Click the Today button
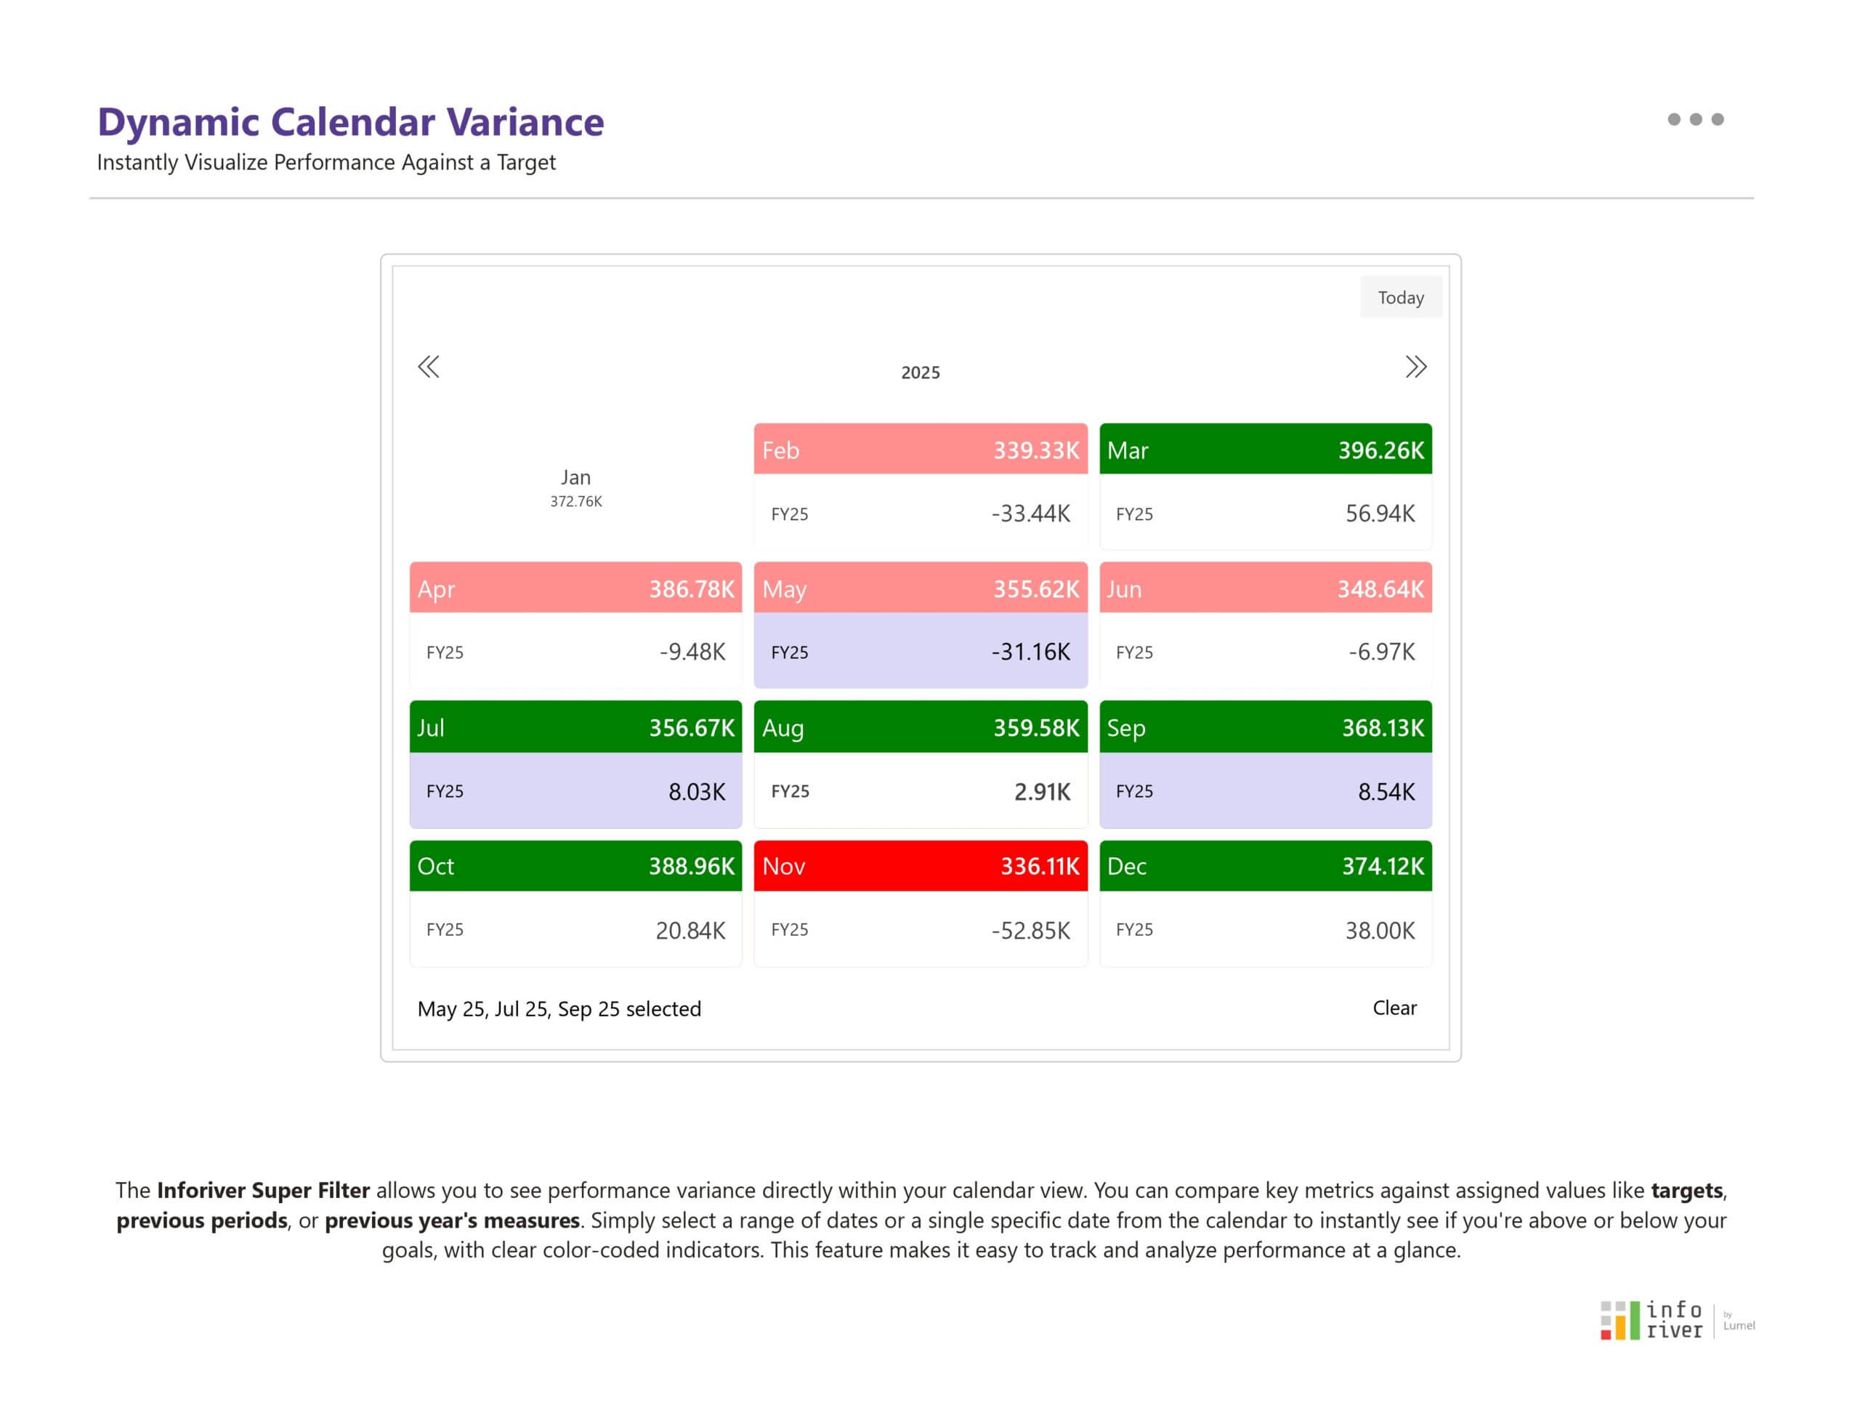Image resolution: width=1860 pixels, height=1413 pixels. (1400, 298)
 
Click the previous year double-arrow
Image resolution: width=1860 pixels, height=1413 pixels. (428, 367)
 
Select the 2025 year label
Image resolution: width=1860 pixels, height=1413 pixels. (921, 373)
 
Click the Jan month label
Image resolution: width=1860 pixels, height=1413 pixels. (575, 477)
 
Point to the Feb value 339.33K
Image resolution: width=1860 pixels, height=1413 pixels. (1035, 450)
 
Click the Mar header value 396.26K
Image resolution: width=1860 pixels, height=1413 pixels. (1380, 450)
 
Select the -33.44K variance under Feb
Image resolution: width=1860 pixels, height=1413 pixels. (1030, 513)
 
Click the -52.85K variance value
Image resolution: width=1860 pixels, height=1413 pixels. (1030, 930)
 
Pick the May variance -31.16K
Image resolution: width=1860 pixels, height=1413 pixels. (1030, 652)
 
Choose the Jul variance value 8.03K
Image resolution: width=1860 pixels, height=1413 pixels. (697, 791)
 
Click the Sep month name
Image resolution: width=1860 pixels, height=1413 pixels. (1125, 727)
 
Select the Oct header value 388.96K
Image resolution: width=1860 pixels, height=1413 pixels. (691, 865)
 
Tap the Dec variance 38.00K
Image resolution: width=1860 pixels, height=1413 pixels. (1380, 930)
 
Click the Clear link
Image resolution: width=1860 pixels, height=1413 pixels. (1394, 1008)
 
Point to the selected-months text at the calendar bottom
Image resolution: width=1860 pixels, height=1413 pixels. (559, 1008)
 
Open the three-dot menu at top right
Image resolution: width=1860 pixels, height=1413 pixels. (1695, 119)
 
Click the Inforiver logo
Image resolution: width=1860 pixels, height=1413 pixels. (1651, 1319)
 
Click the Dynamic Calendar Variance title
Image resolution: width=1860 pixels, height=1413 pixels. (351, 122)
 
